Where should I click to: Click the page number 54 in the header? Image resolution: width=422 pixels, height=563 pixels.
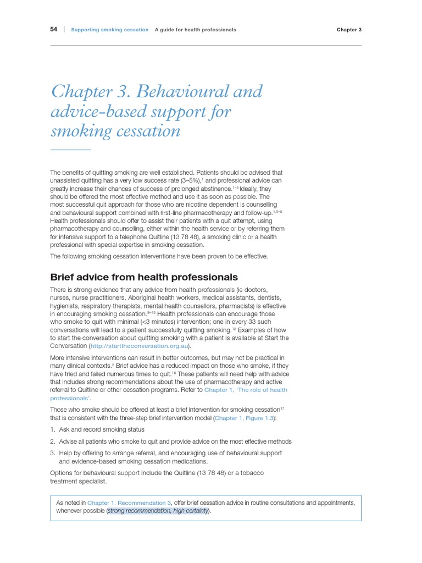[x=54, y=30]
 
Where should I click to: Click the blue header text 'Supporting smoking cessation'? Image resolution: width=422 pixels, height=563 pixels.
[x=110, y=30]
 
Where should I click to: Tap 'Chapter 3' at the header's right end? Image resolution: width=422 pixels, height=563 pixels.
[x=349, y=30]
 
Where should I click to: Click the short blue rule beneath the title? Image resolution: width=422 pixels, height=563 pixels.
[x=70, y=150]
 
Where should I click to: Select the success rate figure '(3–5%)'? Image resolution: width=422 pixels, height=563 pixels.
[x=192, y=180]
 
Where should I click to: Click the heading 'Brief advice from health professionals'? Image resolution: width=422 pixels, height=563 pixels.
[x=144, y=277]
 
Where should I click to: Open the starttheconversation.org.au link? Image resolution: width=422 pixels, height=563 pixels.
[x=140, y=346]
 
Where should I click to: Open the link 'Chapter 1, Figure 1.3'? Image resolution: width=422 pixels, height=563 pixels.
[x=244, y=418]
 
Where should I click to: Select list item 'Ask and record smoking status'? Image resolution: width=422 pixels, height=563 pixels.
[x=102, y=429]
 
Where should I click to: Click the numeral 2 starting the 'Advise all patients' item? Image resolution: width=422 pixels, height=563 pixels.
[x=52, y=441]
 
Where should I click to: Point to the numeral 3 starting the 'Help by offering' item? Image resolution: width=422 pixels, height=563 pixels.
[x=52, y=453]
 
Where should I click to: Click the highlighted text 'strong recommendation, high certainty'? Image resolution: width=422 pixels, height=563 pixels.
[x=158, y=511]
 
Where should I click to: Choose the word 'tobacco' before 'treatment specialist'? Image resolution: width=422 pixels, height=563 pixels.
[x=251, y=473]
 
